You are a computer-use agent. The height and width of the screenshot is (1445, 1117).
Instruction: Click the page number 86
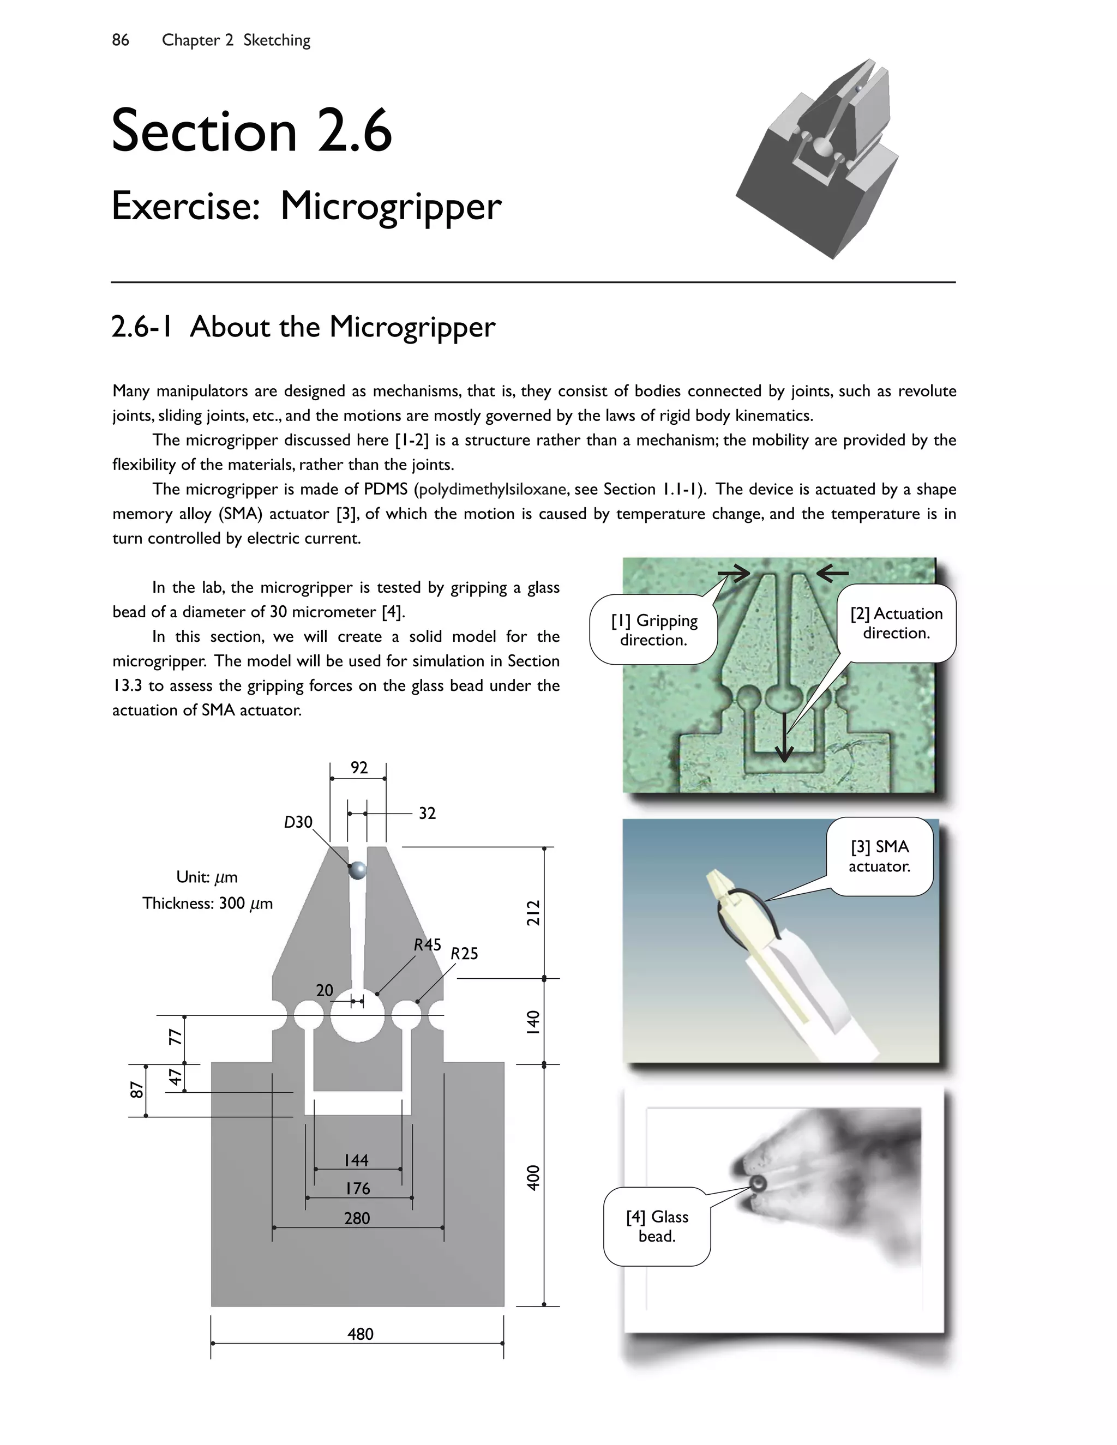(121, 40)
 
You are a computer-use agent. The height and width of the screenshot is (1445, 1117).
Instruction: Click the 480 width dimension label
(360, 1334)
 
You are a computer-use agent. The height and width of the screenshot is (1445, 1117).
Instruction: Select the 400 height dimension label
(533, 1178)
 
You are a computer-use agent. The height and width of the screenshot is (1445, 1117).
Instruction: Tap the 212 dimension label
(533, 912)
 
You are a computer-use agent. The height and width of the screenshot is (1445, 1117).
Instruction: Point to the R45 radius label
(428, 945)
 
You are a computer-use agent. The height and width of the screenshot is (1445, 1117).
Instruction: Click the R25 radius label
(464, 953)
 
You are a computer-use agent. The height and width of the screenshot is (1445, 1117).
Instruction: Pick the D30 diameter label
(298, 822)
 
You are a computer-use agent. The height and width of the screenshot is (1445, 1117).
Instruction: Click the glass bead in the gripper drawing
(357, 870)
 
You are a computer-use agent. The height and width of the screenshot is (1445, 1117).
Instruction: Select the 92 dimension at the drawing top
(359, 768)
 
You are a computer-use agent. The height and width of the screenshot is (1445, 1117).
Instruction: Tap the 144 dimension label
(356, 1160)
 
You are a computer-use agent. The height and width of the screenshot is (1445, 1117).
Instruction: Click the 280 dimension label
(357, 1218)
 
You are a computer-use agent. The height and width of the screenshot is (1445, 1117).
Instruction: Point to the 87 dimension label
(136, 1089)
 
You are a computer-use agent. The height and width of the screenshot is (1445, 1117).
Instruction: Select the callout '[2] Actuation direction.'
(896, 623)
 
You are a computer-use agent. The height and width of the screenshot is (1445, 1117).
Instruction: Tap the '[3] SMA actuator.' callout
(879, 856)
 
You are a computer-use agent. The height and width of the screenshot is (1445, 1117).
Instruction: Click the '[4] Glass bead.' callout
(657, 1226)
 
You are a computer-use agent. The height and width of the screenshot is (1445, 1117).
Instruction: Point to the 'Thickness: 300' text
(207, 903)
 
